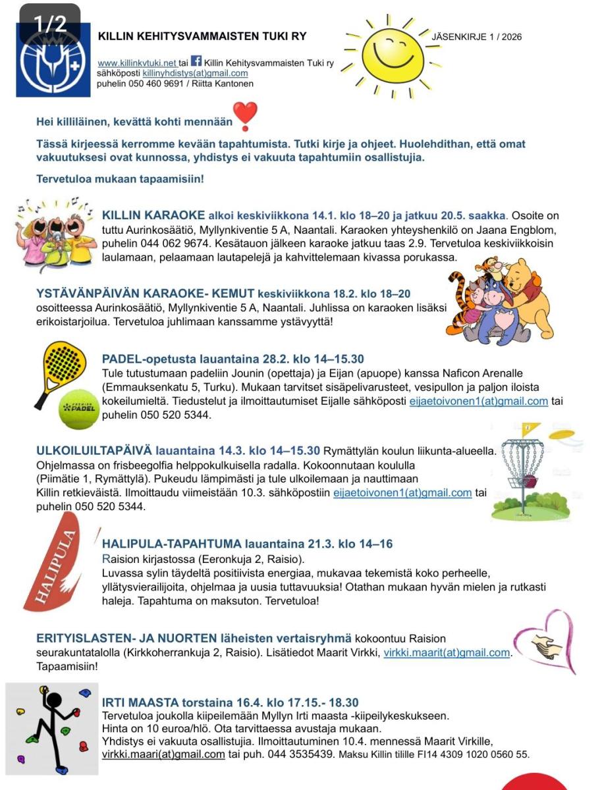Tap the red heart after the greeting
[246, 116]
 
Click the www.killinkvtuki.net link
[138, 63]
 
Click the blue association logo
[53, 60]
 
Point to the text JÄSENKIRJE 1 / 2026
[476, 37]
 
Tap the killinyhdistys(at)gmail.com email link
[195, 73]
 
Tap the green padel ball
[78, 409]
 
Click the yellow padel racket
[59, 369]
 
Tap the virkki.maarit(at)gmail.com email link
[447, 652]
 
